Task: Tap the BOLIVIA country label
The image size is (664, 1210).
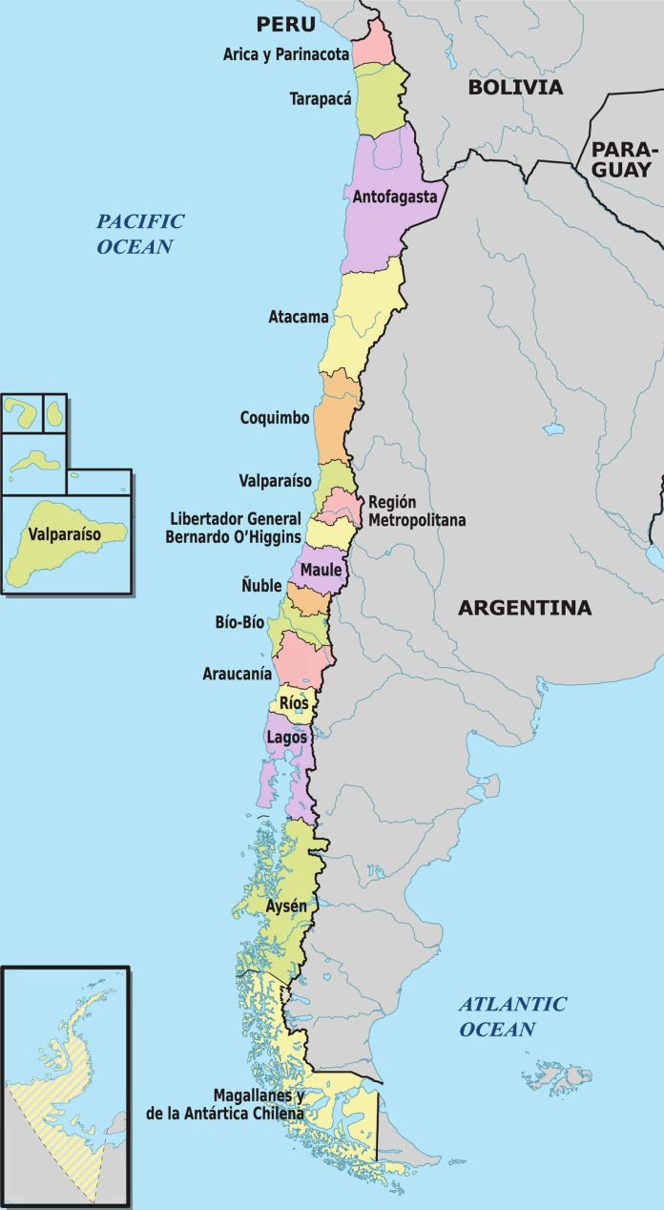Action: point(515,88)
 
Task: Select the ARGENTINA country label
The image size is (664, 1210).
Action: point(525,608)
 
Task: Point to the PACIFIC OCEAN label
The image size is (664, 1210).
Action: point(139,233)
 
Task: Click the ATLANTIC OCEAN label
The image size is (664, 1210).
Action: point(511,1016)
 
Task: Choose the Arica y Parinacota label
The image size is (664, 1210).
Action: point(286,54)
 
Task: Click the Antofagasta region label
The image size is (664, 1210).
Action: point(395,198)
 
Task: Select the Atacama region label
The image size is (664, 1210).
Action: point(299,316)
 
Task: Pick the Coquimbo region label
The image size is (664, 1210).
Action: point(275,418)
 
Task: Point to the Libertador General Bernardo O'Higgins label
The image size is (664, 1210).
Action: point(236,528)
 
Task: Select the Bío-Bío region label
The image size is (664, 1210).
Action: point(239,622)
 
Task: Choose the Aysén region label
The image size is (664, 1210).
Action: point(286,906)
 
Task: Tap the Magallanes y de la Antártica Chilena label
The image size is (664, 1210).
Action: point(225,1104)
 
